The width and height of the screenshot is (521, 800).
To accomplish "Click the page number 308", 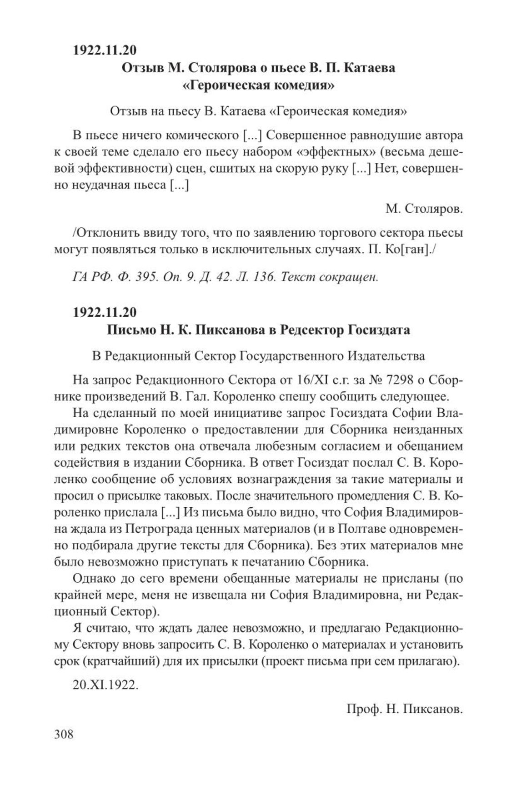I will tap(64, 734).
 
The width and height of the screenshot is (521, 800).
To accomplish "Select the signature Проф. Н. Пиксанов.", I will tap(404, 709).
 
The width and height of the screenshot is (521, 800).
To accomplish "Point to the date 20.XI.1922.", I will tap(105, 685).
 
